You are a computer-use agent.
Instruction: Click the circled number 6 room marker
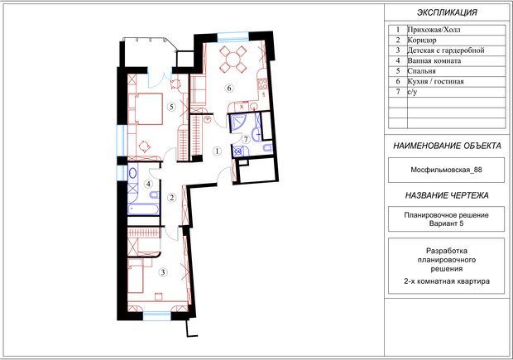tap(229, 88)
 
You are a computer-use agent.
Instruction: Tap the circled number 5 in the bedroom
tap(171, 107)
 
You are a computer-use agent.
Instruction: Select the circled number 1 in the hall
tap(217, 151)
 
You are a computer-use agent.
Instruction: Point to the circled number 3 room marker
tap(163, 272)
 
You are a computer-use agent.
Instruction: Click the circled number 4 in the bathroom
tap(149, 184)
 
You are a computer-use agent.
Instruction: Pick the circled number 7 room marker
tap(246, 139)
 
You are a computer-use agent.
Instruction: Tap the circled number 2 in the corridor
tap(172, 197)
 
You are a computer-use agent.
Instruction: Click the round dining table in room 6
tap(233, 60)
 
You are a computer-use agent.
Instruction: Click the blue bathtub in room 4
tap(143, 209)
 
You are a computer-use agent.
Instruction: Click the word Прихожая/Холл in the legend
tap(434, 30)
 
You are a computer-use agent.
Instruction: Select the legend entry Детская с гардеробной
tap(446, 50)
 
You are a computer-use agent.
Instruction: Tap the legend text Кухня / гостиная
tap(435, 81)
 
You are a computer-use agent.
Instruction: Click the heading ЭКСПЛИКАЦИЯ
tap(447, 12)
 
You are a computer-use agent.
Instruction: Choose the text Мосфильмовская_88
tap(446, 170)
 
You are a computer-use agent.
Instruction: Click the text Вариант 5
tap(446, 223)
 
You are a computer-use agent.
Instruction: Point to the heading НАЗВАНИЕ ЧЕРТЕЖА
tap(447, 195)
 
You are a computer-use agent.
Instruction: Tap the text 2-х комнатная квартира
tap(447, 281)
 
